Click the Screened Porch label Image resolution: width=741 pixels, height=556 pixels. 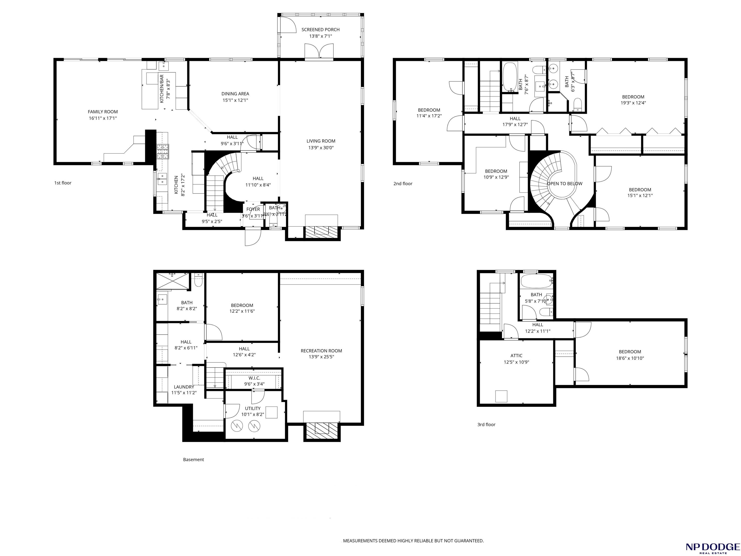320,29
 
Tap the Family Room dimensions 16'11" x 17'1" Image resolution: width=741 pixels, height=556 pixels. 103,118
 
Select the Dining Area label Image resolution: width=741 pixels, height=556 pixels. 235,94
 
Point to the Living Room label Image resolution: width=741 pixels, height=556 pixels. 321,141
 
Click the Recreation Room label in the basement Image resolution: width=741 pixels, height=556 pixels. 321,351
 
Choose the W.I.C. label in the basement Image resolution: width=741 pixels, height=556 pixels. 254,378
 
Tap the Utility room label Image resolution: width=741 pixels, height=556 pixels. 253,408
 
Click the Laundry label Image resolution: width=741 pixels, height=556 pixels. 184,387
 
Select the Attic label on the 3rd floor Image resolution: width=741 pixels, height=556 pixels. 516,356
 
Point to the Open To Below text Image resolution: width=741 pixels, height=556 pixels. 564,184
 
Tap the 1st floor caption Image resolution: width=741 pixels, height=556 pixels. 63,183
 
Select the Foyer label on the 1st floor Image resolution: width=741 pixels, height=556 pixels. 253,209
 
